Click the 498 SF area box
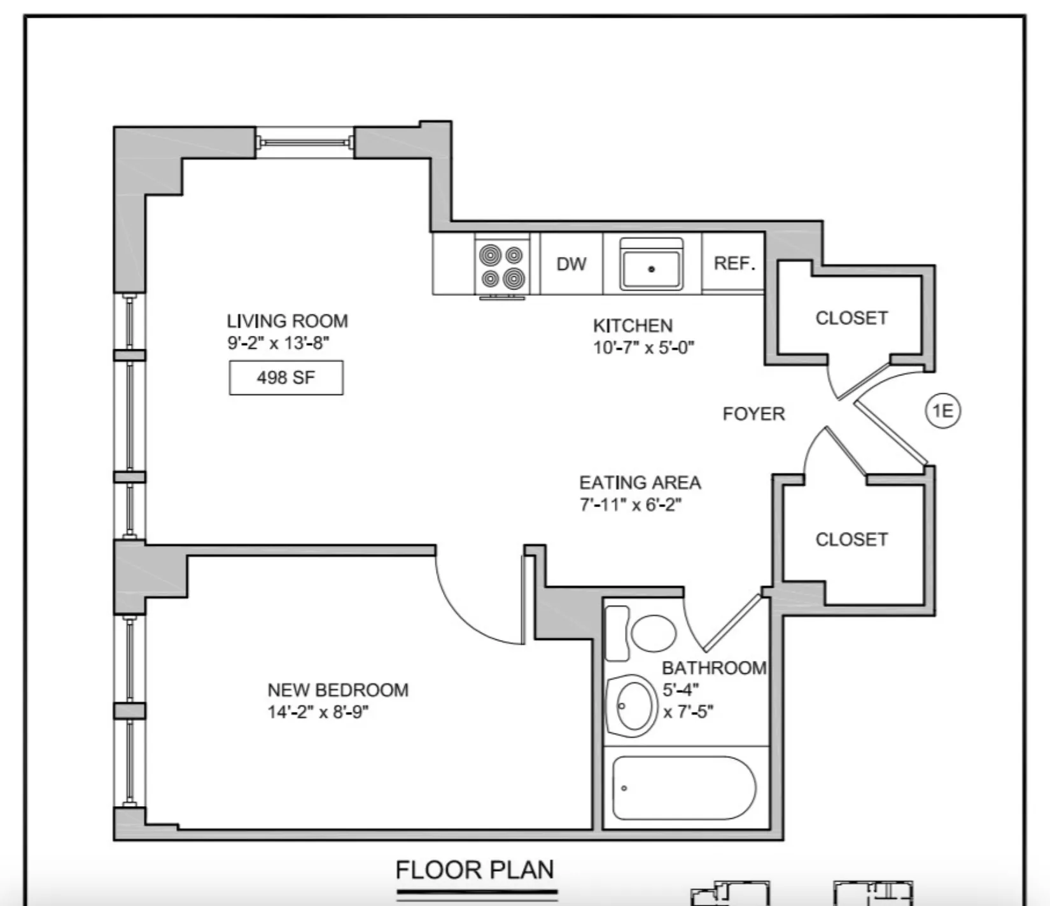(286, 378)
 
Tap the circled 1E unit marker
(942, 411)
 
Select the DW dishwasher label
(571, 264)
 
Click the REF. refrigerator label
(734, 263)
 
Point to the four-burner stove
(502, 266)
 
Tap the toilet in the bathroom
(652, 632)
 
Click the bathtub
(684, 788)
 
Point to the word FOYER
(753, 414)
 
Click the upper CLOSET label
(851, 318)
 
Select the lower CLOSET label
(851, 540)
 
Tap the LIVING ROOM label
(287, 321)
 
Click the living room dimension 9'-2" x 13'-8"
(279, 344)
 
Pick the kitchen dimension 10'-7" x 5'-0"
(643, 348)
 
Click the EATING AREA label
(640, 483)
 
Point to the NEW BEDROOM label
(338, 690)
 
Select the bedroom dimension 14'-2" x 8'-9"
(318, 712)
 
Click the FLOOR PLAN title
(475, 870)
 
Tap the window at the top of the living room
(305, 143)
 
